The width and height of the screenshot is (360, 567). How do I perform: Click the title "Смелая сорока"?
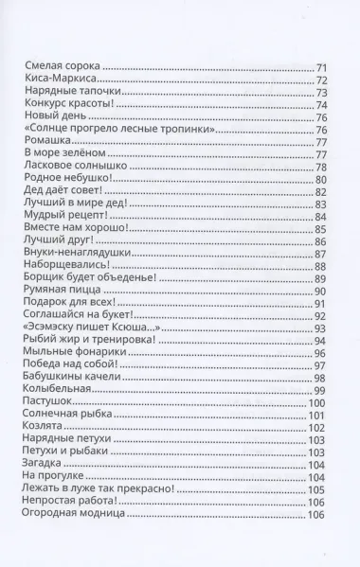61,67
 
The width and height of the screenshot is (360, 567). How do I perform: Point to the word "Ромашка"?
44,141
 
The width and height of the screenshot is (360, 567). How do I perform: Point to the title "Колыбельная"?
56,389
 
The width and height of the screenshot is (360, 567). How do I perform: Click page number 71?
321,67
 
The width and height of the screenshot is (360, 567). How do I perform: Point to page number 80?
321,179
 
